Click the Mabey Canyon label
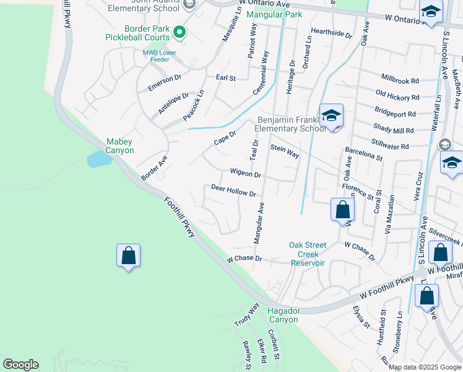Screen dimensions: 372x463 (120, 146)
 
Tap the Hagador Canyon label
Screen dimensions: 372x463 (283, 315)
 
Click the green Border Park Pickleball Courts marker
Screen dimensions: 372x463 (180, 32)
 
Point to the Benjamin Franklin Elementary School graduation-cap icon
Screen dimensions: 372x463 (332, 115)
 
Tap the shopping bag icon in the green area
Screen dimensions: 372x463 (128, 255)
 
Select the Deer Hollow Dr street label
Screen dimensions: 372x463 (233, 190)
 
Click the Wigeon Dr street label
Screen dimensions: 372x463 (245, 174)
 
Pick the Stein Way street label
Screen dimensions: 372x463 (285, 151)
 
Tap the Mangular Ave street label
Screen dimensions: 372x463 (259, 221)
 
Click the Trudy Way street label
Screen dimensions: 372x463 (246, 315)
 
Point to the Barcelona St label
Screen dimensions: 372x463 (364, 154)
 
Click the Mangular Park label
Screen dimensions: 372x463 (274, 14)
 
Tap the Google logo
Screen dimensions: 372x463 (20, 365)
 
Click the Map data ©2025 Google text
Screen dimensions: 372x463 (425, 367)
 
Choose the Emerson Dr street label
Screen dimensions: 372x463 (164, 83)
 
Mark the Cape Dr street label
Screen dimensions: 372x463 (225, 138)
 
